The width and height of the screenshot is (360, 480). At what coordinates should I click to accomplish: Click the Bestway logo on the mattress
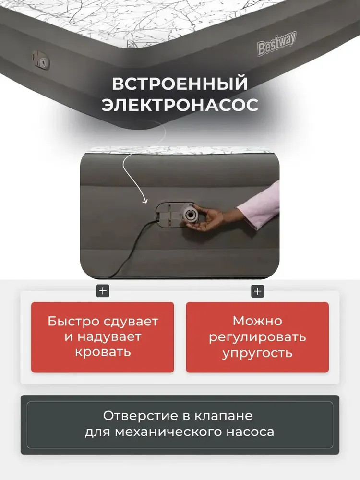coord(277,43)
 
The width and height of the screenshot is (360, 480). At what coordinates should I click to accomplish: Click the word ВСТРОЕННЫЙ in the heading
coord(180,83)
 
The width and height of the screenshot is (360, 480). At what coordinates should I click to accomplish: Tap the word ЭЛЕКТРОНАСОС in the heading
coord(180,105)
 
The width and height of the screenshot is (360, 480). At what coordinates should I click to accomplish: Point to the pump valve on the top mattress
coord(41,60)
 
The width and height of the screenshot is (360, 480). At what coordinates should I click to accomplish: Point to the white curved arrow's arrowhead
coord(144,201)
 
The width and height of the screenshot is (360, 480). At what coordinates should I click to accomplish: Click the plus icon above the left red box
coord(103,291)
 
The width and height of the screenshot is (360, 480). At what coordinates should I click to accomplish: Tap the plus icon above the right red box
coord(257,291)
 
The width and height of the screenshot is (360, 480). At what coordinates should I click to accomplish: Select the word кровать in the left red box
coord(103,352)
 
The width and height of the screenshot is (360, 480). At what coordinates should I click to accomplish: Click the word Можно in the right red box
coord(257,321)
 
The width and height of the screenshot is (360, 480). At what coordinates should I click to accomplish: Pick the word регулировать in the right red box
coord(257,337)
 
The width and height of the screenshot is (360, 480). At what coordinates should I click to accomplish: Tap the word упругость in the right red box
coord(257,353)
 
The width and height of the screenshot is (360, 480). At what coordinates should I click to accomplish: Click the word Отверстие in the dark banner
coord(140,416)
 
